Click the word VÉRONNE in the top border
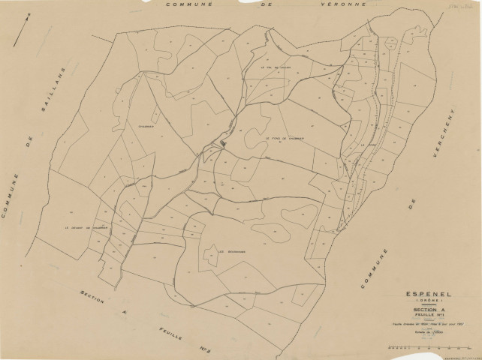pyautogui.click(x=344, y=5)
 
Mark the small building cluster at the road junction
pyautogui.click(x=222, y=143)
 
